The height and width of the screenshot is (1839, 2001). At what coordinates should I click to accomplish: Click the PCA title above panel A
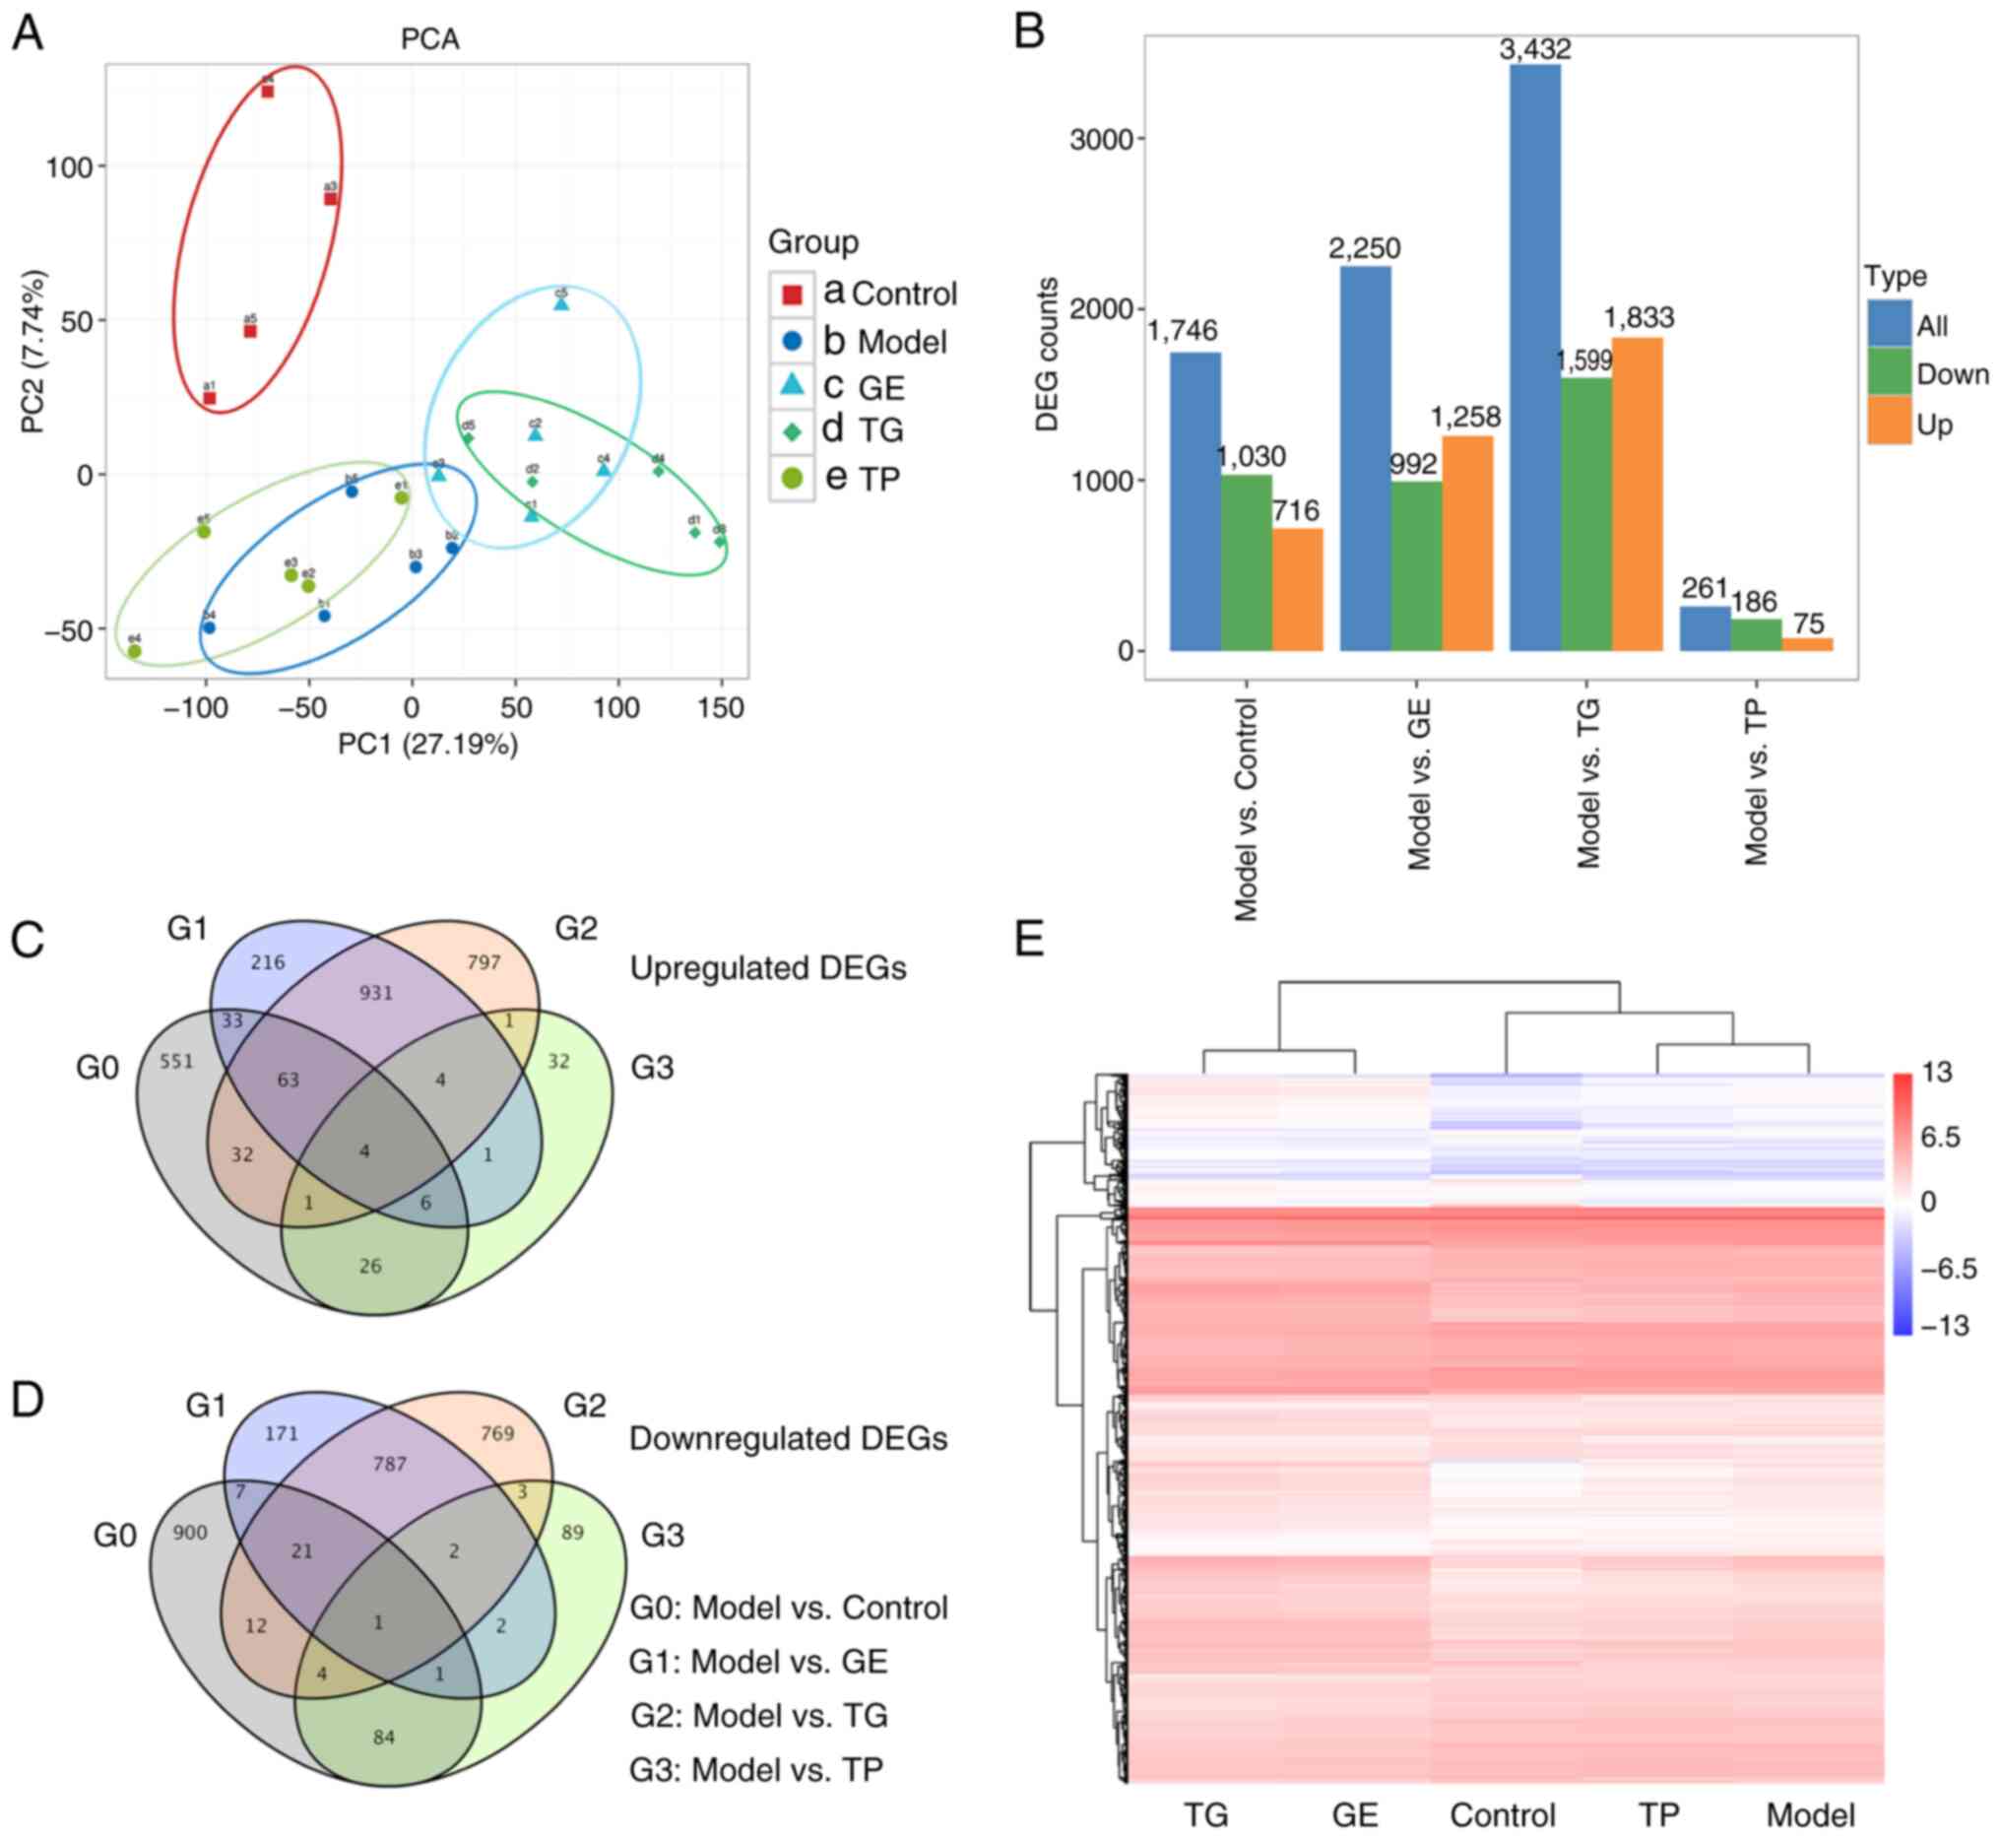click(x=430, y=38)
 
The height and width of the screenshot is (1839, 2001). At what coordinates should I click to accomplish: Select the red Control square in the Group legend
click(x=792, y=294)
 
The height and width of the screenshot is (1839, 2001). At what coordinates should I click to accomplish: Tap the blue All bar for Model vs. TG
click(x=1534, y=359)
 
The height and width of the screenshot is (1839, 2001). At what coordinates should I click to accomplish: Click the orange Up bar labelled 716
click(x=1297, y=589)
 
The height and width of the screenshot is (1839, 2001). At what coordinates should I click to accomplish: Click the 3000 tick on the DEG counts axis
click(x=1102, y=139)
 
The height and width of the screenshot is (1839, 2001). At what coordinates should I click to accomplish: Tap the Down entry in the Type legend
click(x=1951, y=374)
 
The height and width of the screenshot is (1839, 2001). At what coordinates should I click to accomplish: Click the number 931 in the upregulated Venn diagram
click(x=376, y=992)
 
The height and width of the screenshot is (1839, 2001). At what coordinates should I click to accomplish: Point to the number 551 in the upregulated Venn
click(x=176, y=1061)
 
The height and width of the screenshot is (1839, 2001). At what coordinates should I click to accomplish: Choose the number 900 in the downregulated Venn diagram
click(x=189, y=1532)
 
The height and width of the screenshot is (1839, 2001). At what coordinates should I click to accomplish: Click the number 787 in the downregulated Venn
click(x=389, y=1463)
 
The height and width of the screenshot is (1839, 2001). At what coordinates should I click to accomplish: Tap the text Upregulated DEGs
click(x=768, y=968)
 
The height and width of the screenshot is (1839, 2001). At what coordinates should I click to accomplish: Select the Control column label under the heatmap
click(x=1503, y=1814)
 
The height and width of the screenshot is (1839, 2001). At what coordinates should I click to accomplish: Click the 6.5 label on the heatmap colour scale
click(x=1939, y=1137)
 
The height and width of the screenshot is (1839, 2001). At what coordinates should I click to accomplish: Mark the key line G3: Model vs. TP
click(x=756, y=1769)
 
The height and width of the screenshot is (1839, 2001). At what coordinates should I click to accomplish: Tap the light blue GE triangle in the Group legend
click(x=792, y=385)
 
